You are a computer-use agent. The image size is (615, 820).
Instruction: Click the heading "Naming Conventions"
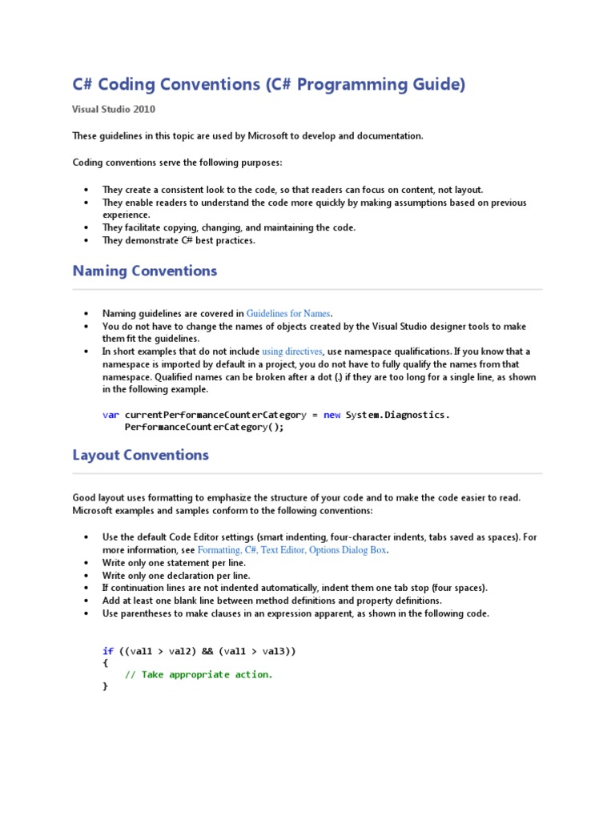pyautogui.click(x=144, y=271)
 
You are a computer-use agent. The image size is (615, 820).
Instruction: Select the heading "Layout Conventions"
pyautogui.click(x=140, y=455)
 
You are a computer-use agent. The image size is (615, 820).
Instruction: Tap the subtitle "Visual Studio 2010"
pyautogui.click(x=114, y=110)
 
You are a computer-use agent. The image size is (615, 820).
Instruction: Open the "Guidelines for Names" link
pyautogui.click(x=288, y=313)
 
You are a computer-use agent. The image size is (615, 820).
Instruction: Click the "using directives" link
pyautogui.click(x=292, y=351)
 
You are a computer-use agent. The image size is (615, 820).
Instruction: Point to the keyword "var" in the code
pyautogui.click(x=111, y=415)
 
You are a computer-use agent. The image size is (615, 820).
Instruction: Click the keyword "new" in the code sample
pyautogui.click(x=332, y=415)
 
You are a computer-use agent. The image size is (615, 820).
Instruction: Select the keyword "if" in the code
pyautogui.click(x=108, y=651)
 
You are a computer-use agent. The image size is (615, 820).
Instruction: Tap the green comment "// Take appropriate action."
pyautogui.click(x=199, y=674)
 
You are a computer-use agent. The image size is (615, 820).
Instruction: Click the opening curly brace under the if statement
pyautogui.click(x=105, y=663)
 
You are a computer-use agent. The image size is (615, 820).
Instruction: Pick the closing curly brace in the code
pyautogui.click(x=105, y=686)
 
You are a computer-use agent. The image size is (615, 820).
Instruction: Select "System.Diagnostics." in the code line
pyautogui.click(x=398, y=415)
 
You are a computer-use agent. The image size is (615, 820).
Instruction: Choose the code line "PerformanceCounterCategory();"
pyautogui.click(x=204, y=427)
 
